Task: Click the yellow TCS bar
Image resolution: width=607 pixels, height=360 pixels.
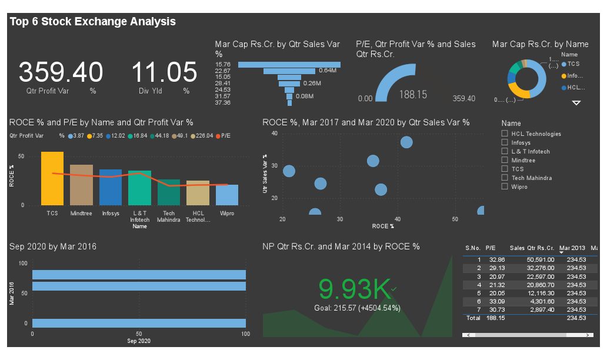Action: click(x=52, y=178)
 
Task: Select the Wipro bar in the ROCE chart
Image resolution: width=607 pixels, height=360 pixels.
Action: click(x=227, y=195)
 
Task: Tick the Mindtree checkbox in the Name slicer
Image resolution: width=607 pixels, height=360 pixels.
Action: click(x=504, y=160)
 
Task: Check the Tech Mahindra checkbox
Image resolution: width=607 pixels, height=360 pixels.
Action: click(x=504, y=178)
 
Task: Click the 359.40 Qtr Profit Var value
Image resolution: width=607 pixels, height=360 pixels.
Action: click(x=61, y=72)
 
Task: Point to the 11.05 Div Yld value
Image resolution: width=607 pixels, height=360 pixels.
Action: click(x=164, y=72)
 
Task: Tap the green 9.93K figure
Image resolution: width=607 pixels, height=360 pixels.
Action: click(x=354, y=288)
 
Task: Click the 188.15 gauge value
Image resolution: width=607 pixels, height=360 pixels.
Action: click(x=413, y=94)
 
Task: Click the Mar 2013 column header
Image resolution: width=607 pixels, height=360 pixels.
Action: click(x=572, y=248)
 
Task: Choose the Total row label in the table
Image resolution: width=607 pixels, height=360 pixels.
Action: click(x=473, y=318)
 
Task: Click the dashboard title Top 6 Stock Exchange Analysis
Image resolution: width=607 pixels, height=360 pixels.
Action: click(x=93, y=22)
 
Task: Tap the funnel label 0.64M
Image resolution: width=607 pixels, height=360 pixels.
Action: click(x=327, y=71)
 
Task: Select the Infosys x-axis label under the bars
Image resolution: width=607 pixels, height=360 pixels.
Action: click(x=111, y=214)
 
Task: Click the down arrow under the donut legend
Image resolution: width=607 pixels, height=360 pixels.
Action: click(x=576, y=103)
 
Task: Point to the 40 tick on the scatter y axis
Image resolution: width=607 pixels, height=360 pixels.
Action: click(x=274, y=134)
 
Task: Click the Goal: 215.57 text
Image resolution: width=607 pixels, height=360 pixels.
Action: click(x=357, y=308)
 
